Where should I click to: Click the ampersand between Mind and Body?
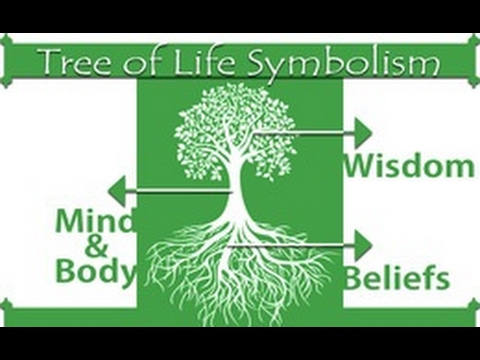coord(96,246)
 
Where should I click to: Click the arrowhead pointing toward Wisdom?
coord(363,133)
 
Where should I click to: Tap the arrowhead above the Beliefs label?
coord(363,246)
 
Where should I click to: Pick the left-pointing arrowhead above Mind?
coord(117,191)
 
